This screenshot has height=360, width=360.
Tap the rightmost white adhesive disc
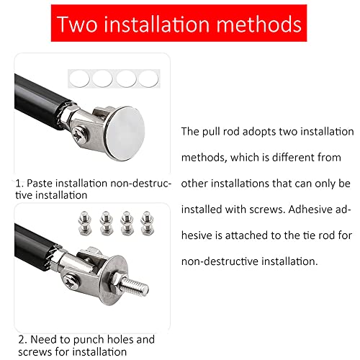[x=148, y=77]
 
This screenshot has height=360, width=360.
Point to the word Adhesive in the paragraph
[x=312, y=210]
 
